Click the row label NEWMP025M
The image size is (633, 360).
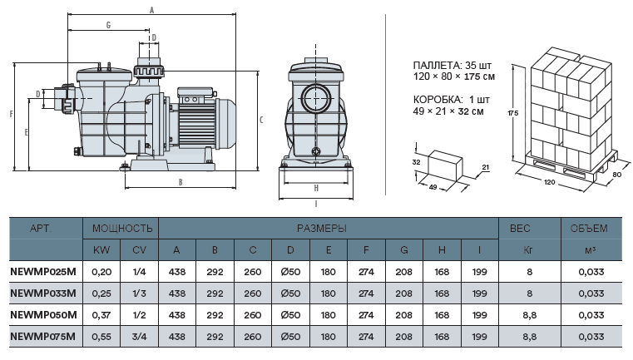click(x=43, y=272)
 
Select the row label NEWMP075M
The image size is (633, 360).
click(x=42, y=337)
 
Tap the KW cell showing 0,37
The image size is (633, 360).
click(x=101, y=315)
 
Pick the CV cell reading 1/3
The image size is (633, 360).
click(x=139, y=293)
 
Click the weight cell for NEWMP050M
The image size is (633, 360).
click(x=529, y=315)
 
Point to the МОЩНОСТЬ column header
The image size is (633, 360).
click(x=122, y=229)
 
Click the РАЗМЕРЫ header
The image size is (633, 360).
click(x=322, y=229)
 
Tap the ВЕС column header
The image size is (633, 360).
click(x=520, y=229)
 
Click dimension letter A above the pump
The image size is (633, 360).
click(x=151, y=10)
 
